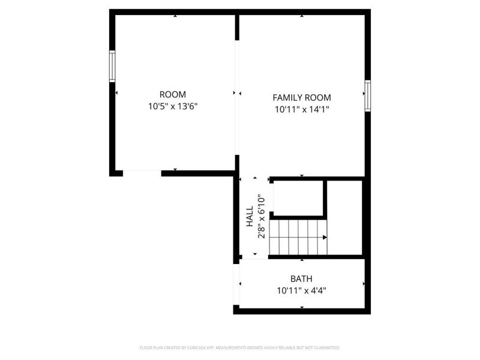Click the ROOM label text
(172, 94)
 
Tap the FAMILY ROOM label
(302, 97)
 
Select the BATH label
(301, 279)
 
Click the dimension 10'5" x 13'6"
(172, 107)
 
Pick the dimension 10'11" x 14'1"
(302, 110)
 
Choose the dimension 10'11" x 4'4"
(301, 291)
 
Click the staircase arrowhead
(325, 237)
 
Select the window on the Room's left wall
(112, 66)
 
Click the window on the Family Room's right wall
(367, 96)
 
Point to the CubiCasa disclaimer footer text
(240, 347)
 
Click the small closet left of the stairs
(298, 197)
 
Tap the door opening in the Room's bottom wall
(142, 173)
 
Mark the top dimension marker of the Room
(175, 16)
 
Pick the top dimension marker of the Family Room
(302, 16)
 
